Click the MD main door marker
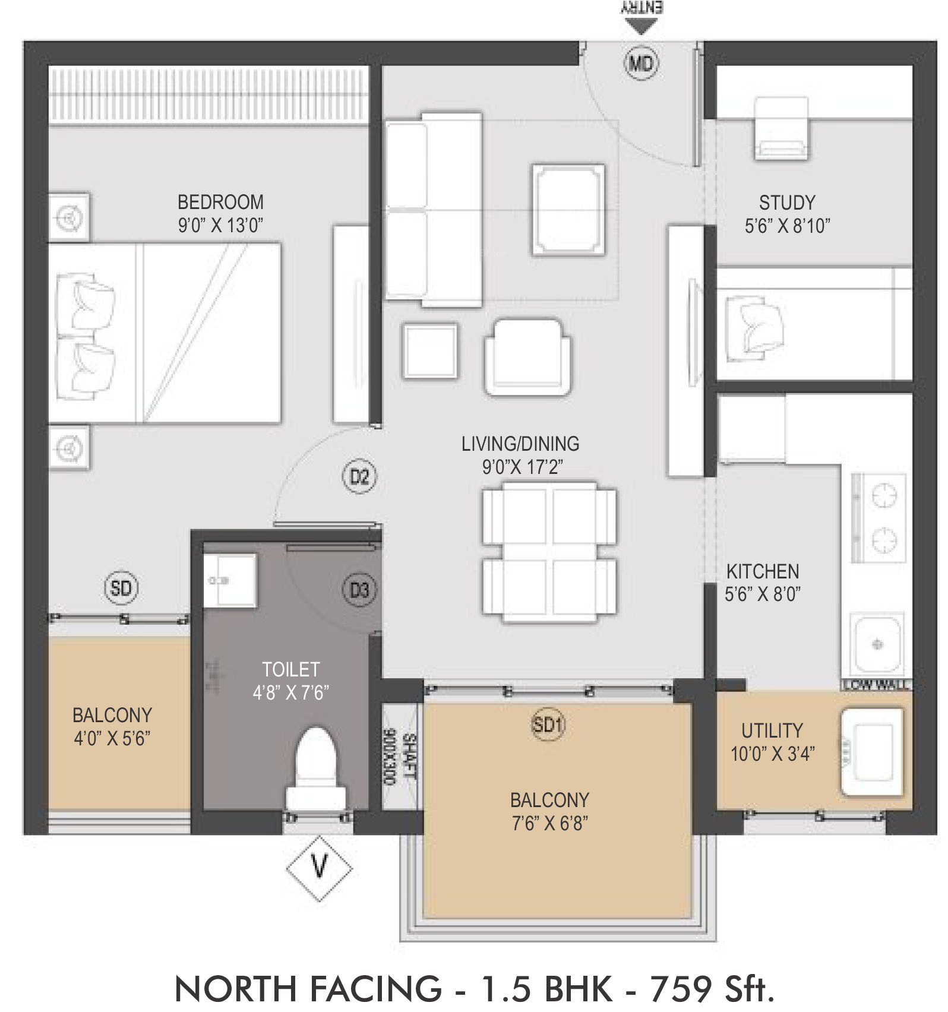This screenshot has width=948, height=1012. (x=642, y=62)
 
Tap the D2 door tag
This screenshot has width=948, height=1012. (x=359, y=476)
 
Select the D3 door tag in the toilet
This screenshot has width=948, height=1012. (x=359, y=590)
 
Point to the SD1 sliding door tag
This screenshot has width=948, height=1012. (x=548, y=725)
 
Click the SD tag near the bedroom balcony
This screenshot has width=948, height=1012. (x=121, y=588)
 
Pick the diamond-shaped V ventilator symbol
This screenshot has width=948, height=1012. (x=320, y=868)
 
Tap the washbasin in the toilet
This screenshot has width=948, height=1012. (x=230, y=580)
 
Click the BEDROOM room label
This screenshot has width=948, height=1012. (x=220, y=202)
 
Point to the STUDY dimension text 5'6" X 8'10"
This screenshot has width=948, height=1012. (x=787, y=226)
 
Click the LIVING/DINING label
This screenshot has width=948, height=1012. (x=520, y=444)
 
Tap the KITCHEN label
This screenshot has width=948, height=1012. (x=763, y=571)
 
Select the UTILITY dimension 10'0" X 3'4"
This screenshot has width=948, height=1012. (x=772, y=754)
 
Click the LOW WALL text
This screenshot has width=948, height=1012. (x=876, y=685)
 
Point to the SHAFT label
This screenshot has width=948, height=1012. (x=409, y=757)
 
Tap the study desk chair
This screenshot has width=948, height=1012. (x=781, y=129)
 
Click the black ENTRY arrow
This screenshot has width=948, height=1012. (x=641, y=26)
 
